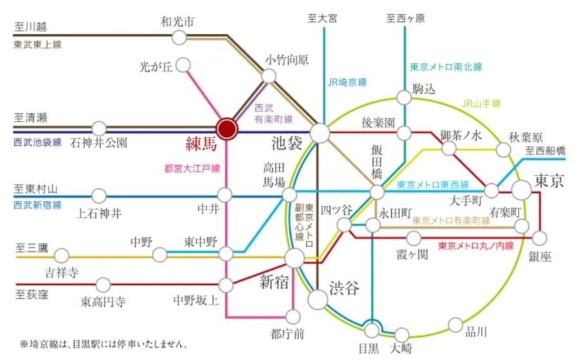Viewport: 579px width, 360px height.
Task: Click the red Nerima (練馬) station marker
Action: [226, 128]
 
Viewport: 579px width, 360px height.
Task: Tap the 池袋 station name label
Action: [286, 143]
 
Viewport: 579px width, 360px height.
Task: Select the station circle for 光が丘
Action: [183, 65]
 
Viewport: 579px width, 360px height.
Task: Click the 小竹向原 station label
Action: [286, 60]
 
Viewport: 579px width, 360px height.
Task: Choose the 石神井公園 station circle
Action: [99, 128]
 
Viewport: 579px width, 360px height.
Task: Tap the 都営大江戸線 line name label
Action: [192, 169]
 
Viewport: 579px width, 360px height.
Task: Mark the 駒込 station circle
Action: [403, 97]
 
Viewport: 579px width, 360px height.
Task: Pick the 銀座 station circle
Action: [540, 237]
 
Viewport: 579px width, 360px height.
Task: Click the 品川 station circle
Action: [455, 325]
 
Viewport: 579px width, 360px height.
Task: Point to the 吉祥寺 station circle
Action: [62, 255]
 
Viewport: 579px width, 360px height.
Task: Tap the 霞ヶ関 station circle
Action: [414, 239]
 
